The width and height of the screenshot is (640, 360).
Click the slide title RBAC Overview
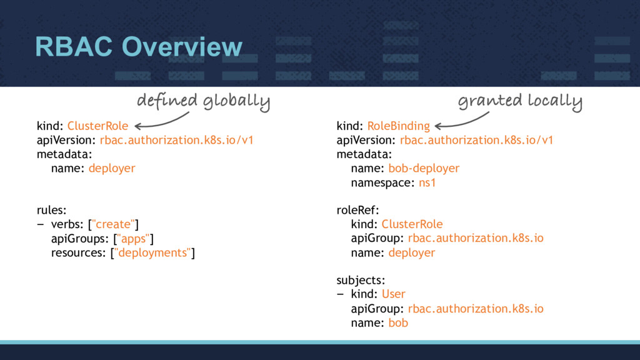[x=138, y=46]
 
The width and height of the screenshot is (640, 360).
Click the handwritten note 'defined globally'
[x=203, y=101]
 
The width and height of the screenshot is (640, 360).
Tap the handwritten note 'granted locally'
[x=520, y=101]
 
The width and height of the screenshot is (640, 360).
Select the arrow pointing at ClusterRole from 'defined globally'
[x=161, y=122]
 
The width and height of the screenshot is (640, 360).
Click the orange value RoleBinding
[x=398, y=126]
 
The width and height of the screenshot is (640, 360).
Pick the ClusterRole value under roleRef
[x=412, y=224]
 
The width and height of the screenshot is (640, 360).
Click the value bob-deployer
[x=424, y=168]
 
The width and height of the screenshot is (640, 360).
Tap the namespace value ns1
[x=427, y=182]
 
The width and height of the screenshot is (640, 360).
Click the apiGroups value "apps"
[x=134, y=238]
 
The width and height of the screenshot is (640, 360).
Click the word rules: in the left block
[x=51, y=210]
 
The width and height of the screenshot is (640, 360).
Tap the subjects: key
[x=361, y=280]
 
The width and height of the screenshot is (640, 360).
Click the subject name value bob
[x=398, y=322]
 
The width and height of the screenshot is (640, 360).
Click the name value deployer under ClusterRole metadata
[x=112, y=168]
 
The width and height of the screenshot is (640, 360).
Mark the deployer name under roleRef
[x=411, y=252]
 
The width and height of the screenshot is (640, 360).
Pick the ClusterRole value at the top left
[x=97, y=126]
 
